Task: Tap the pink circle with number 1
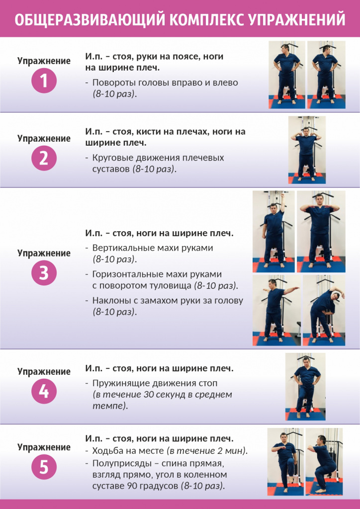tap(44, 81)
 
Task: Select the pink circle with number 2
tap(44, 158)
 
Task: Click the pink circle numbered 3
tap(44, 273)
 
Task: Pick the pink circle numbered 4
tap(44, 391)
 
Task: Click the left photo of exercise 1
tap(286, 75)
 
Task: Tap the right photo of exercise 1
tap(325, 75)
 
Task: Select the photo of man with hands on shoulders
tap(307, 150)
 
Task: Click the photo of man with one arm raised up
tap(273, 231)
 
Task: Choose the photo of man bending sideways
tap(324, 311)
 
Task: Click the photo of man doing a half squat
tap(324, 462)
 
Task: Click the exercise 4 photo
tap(305, 387)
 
